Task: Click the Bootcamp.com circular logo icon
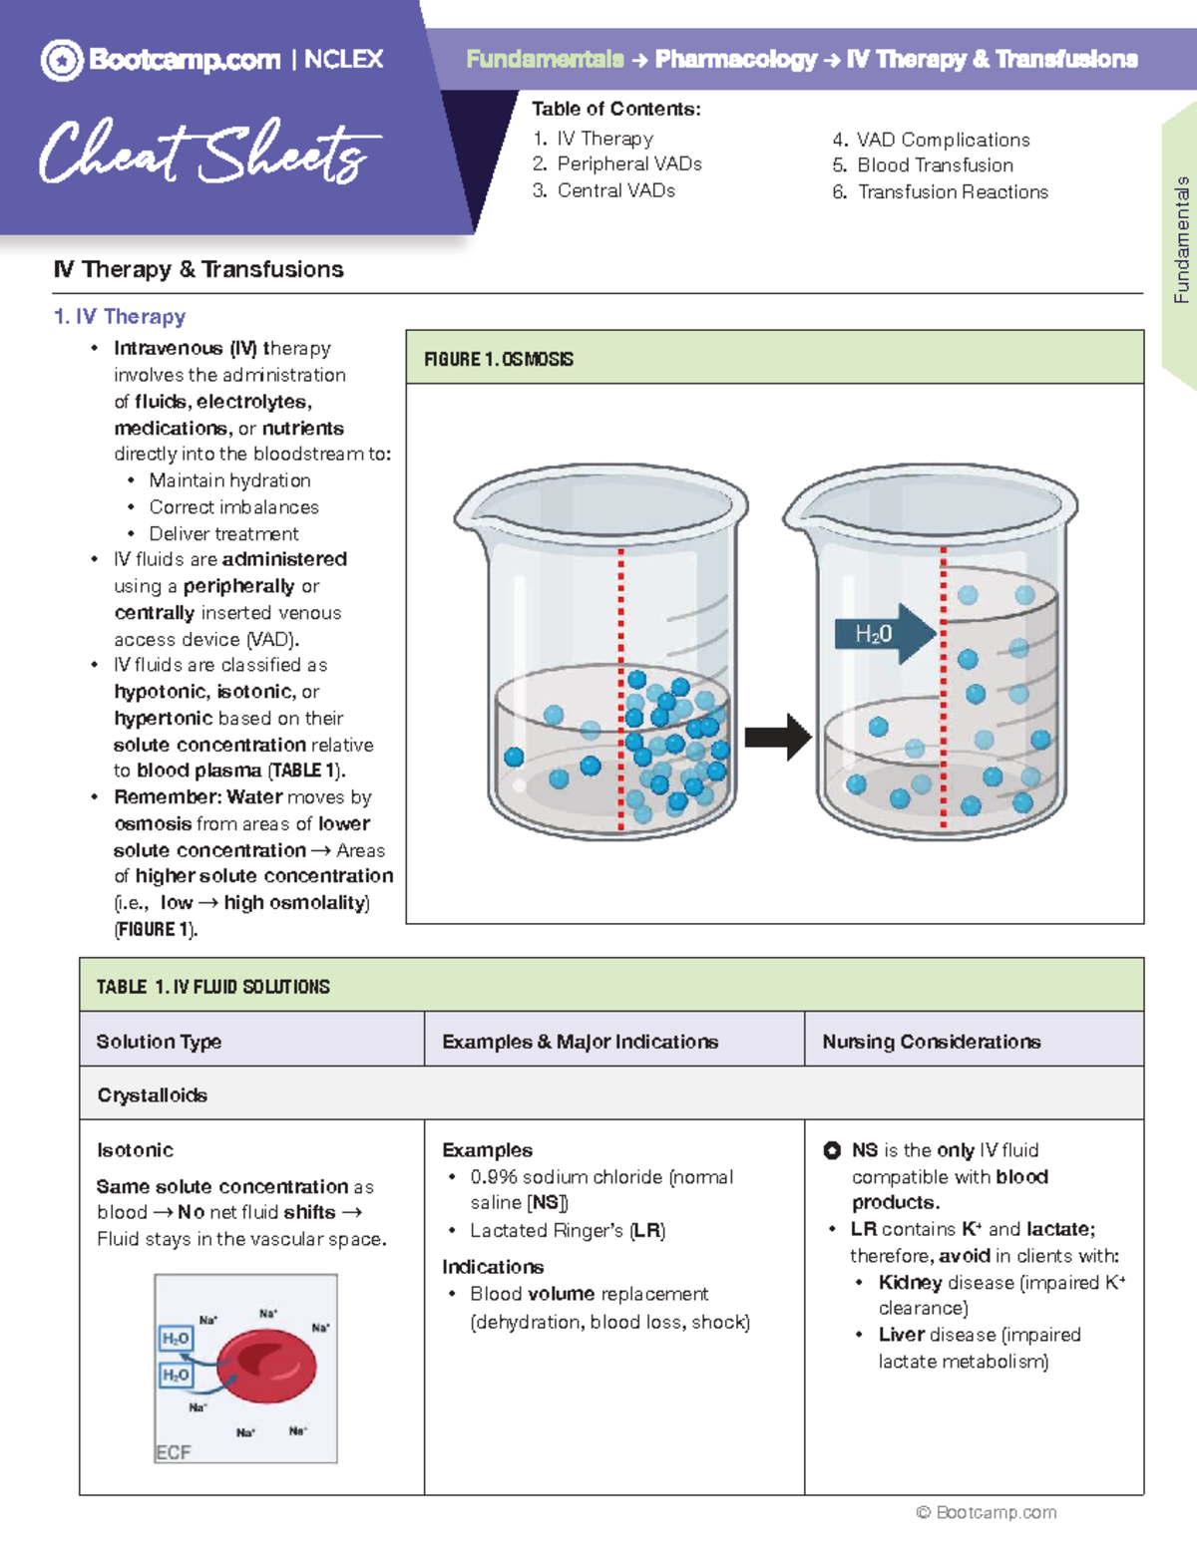coord(62,61)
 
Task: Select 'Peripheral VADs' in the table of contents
coord(628,164)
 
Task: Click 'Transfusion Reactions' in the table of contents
coord(952,192)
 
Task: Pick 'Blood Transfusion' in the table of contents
coord(934,165)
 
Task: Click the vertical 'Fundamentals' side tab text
coord(1181,239)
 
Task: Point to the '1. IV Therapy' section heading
coord(120,317)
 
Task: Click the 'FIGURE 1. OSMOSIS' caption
coord(499,359)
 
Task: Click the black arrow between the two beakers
coord(778,738)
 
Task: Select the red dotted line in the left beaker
coord(620,688)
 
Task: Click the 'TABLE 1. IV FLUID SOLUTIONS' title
coord(212,987)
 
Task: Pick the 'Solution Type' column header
coord(159,1042)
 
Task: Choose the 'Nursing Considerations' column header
coord(931,1042)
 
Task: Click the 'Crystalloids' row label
coord(152,1095)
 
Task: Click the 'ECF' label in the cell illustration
coord(173,1452)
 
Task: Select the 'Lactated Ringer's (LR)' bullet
coord(567,1231)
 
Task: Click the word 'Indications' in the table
coord(493,1267)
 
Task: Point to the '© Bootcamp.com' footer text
coord(986,1512)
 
